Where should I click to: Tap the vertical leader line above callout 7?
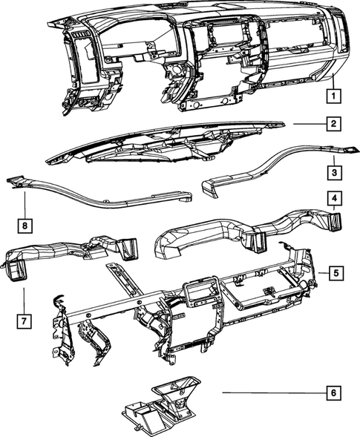click(x=24, y=300)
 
